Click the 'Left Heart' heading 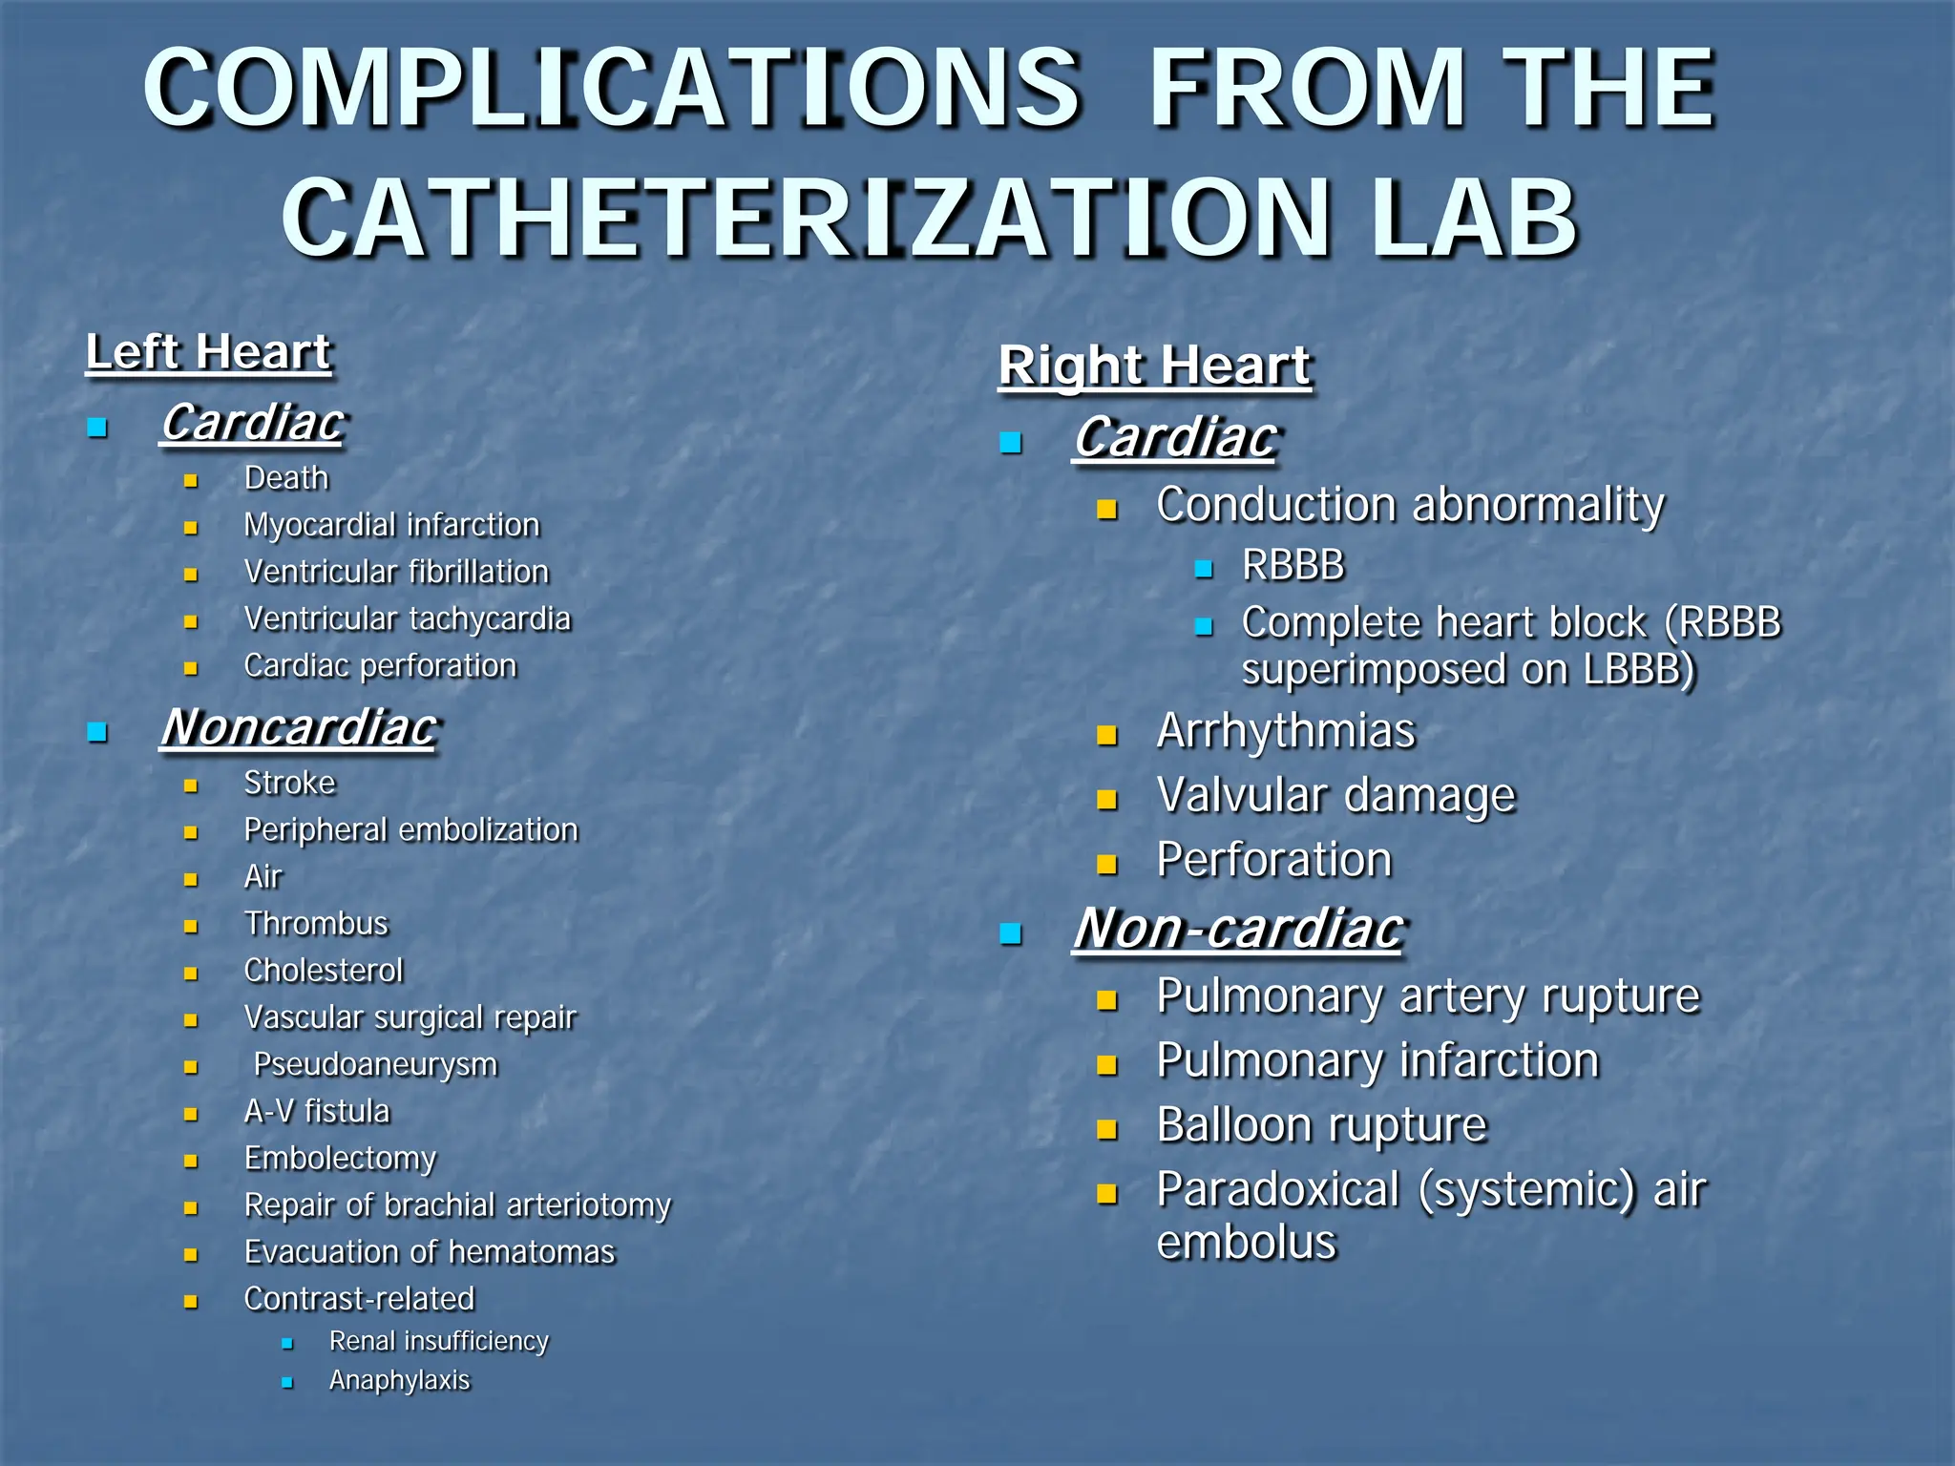point(208,352)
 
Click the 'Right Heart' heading point(1154,366)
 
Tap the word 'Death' point(286,478)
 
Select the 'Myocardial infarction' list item point(391,525)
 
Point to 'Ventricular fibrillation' point(396,572)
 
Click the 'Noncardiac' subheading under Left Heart point(299,727)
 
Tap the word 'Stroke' point(290,784)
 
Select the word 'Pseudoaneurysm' point(375,1064)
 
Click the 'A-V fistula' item point(317,1112)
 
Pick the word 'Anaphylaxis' point(399,1380)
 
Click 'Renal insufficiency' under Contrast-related point(438,1341)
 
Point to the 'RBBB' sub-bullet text point(1293,565)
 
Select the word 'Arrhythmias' point(1285,732)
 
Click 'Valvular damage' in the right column point(1335,796)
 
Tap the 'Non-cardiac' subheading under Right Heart point(1238,929)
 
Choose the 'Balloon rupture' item point(1321,1125)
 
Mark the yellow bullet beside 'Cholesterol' point(191,974)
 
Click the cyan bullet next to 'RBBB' point(1204,570)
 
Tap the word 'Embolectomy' point(340,1159)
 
